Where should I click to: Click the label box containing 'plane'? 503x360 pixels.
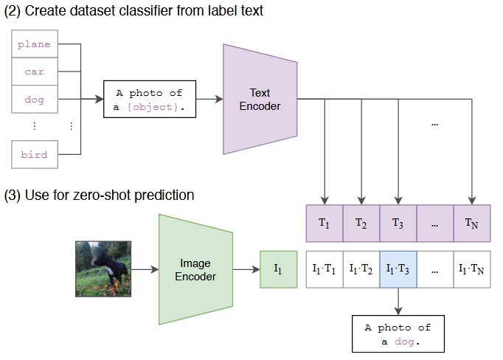(35, 44)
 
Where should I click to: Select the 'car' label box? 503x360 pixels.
(35, 72)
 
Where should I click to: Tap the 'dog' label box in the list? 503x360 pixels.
(35, 100)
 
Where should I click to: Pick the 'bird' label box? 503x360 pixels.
(35, 155)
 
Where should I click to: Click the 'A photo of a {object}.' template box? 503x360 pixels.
(150, 100)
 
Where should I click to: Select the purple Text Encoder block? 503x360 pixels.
(260, 99)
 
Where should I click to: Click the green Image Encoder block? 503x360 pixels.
(195, 269)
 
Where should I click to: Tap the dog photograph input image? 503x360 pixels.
(103, 269)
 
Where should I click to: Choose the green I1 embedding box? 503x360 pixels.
(278, 269)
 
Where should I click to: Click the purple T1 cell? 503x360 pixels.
(324, 223)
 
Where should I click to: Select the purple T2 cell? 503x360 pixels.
(361, 223)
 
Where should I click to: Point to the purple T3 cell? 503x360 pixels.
(398, 223)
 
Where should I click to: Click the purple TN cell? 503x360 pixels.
(472, 223)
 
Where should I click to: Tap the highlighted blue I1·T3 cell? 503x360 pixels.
(398, 269)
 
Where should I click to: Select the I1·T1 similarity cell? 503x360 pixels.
(324, 269)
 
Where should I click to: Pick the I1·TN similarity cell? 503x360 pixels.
(472, 269)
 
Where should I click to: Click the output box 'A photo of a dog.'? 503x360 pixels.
(398, 334)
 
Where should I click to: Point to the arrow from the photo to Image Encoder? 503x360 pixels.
(145, 269)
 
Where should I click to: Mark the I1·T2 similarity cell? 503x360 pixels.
(361, 269)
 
